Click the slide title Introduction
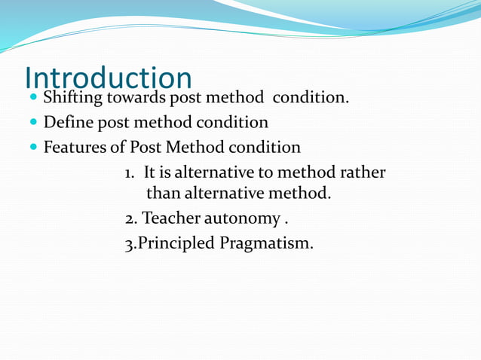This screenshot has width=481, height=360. click(x=108, y=77)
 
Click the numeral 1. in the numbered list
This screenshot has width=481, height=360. click(x=130, y=172)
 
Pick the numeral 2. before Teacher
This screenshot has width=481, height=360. click(x=131, y=219)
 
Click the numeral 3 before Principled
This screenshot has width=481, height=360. click(x=129, y=243)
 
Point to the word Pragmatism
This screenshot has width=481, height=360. click(x=266, y=243)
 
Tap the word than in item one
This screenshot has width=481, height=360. click(x=163, y=194)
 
